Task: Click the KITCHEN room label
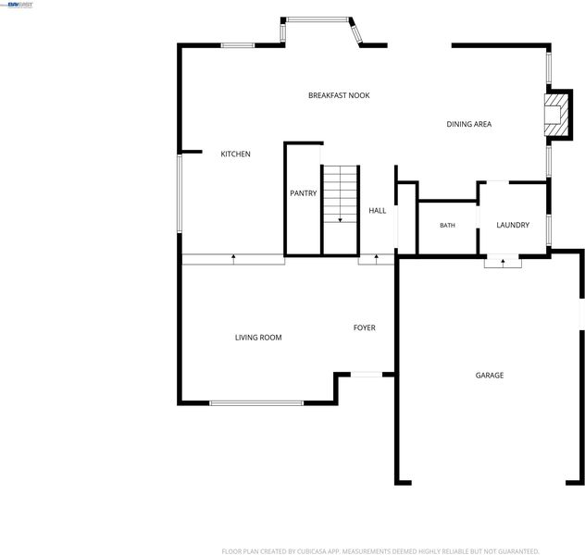[x=235, y=154]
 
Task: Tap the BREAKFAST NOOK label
[x=339, y=95]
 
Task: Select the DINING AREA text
[x=469, y=124]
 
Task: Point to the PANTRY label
[x=304, y=193]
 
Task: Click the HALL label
[x=377, y=211]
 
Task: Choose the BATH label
[x=447, y=225]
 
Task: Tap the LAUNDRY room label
[x=513, y=225]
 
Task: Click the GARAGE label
[x=489, y=376]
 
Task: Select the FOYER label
[x=364, y=327]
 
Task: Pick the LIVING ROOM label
[x=258, y=338]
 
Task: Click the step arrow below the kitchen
[x=233, y=259]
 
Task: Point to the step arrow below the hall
[x=377, y=259]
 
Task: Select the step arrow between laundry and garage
[x=503, y=263]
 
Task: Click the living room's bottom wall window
[x=256, y=403]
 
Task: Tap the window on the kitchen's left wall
[x=180, y=193]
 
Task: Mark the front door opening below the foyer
[x=367, y=375]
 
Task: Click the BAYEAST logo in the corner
[x=20, y=5]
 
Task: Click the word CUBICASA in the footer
[x=312, y=551]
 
